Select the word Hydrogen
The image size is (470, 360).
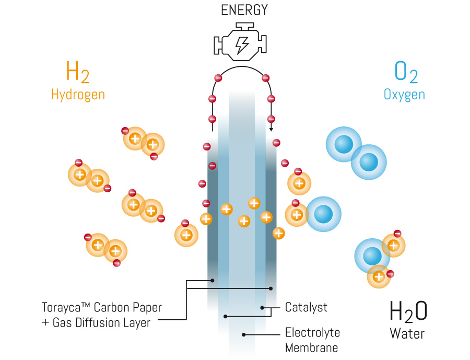[x=78, y=95]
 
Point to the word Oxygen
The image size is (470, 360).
[x=404, y=95]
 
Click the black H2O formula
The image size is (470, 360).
[x=408, y=311]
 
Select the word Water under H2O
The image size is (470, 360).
[x=407, y=333]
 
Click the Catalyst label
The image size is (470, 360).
[x=306, y=307]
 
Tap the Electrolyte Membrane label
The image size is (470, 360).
[x=312, y=340]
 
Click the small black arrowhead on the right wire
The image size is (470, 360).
[x=271, y=129]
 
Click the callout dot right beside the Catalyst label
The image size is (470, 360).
[x=262, y=308]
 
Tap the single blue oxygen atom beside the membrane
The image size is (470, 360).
[x=323, y=214]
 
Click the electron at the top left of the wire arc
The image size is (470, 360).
[x=218, y=78]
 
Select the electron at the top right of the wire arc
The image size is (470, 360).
[x=265, y=78]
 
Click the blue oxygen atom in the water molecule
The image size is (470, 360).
[x=372, y=256]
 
